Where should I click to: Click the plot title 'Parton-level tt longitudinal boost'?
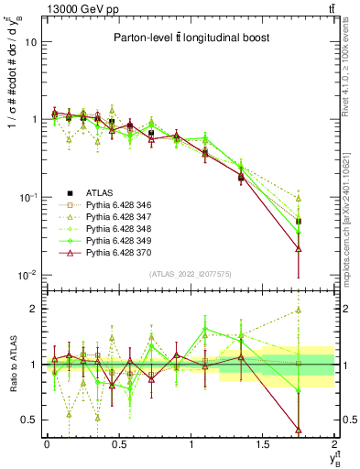click(190, 38)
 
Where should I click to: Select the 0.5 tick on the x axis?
click(119, 444)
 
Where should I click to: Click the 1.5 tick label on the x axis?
click(264, 444)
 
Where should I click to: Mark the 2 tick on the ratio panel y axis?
click(34, 309)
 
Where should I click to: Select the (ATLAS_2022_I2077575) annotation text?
click(190, 274)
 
